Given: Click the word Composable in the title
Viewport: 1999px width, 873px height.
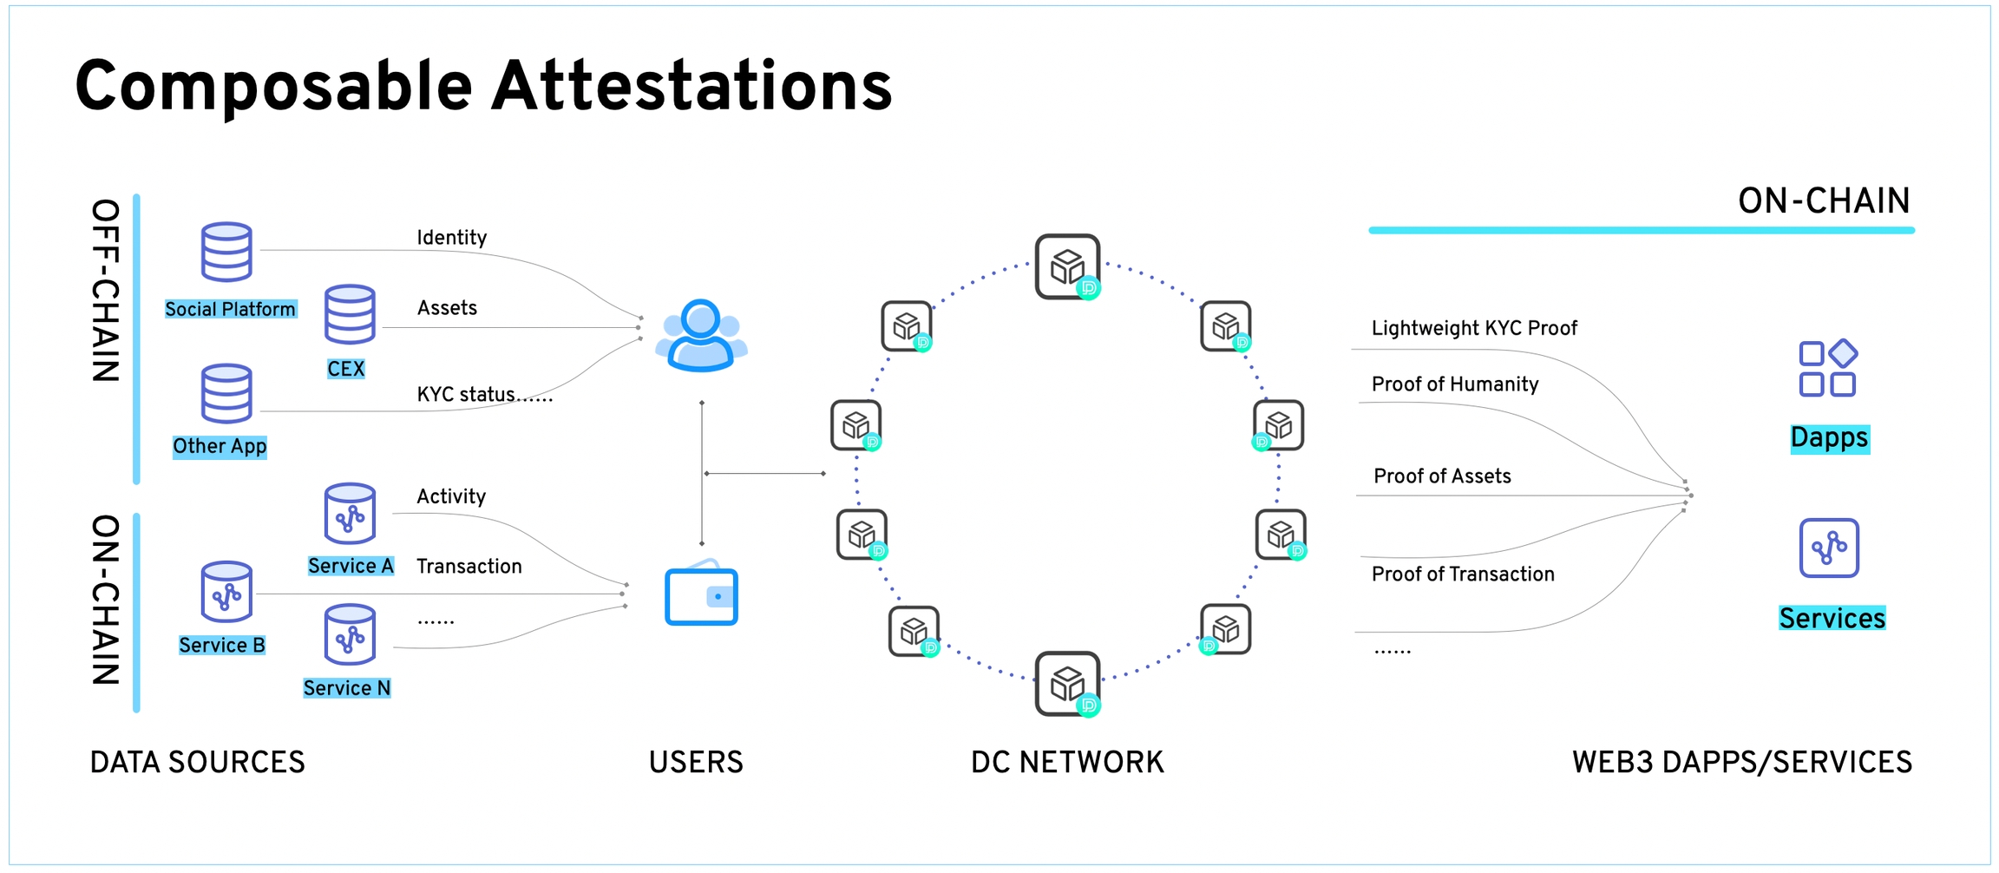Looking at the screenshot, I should point(273,88).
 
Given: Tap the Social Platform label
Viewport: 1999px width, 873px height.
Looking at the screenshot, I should point(230,310).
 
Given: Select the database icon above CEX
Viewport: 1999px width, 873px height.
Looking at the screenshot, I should point(350,313).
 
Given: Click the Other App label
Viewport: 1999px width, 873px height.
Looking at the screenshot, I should point(220,446).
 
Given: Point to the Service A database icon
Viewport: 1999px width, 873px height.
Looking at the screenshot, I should point(350,513).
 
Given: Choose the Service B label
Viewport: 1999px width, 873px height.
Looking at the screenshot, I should point(221,646).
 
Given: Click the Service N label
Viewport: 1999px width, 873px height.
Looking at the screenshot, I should point(346,688).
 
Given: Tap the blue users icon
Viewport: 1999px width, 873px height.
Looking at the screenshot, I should point(701,336).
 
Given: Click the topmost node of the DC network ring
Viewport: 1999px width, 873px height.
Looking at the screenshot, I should point(1067,266).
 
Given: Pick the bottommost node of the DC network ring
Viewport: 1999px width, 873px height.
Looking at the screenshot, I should point(1067,684).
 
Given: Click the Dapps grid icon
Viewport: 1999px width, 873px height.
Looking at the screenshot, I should point(1827,369).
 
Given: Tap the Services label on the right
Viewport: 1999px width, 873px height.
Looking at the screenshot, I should point(1832,618).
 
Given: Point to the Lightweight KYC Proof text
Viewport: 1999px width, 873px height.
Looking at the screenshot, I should point(1473,328).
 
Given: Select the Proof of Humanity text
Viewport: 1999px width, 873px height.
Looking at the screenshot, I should point(1454,384).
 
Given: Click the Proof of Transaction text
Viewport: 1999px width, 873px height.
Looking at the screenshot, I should point(1462,574).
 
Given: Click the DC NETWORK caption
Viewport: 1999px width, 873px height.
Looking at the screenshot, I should point(1066,762).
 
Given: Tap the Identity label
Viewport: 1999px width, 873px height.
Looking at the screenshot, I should point(451,238).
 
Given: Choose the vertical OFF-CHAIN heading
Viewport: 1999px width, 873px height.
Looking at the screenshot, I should point(106,291).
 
